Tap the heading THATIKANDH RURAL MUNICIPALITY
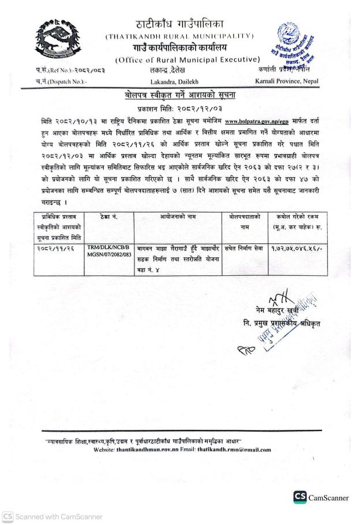(x=179, y=36)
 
